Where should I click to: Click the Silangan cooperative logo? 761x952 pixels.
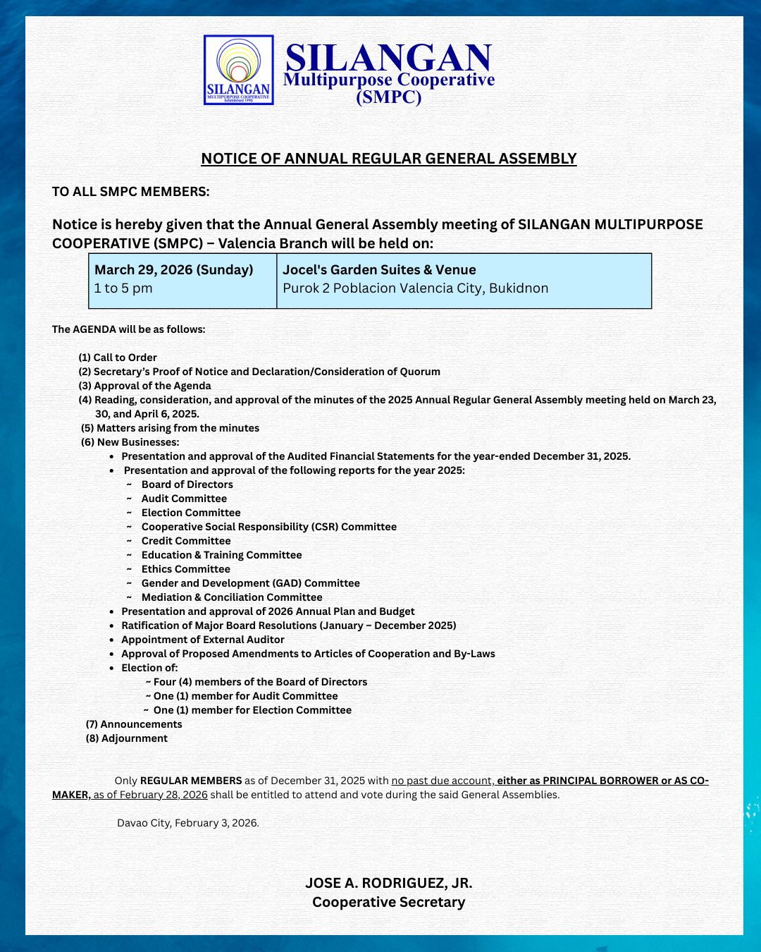coord(238,70)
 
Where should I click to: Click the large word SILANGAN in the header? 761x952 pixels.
coord(388,57)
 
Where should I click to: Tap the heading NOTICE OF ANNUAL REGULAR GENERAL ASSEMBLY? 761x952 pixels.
coord(388,159)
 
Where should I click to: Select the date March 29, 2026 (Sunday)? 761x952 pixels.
coord(173,270)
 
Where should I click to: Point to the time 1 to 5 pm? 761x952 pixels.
coord(123,288)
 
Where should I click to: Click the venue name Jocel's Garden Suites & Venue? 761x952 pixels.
coord(379,270)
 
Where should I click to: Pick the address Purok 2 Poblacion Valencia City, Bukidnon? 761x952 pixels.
coord(415,288)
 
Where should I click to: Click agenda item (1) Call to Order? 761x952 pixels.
coord(118,358)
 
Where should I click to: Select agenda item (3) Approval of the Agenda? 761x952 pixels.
coord(144,386)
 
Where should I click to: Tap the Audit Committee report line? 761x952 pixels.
coord(184,499)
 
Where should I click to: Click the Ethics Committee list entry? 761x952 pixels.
coord(185,569)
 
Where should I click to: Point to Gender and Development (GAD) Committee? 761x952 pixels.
coord(250,583)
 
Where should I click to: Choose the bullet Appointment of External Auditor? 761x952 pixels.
coord(203,640)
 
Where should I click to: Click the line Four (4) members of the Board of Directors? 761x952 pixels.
coord(260,682)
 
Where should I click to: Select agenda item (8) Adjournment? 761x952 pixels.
coord(127,738)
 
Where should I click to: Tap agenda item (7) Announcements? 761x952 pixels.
coord(134,724)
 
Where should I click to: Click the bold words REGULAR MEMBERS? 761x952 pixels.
coord(191,781)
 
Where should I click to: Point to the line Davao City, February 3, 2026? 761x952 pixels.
coord(188,823)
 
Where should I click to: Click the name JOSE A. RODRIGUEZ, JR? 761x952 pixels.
coord(388,883)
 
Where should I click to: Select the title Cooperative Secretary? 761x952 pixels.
coord(388,902)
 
